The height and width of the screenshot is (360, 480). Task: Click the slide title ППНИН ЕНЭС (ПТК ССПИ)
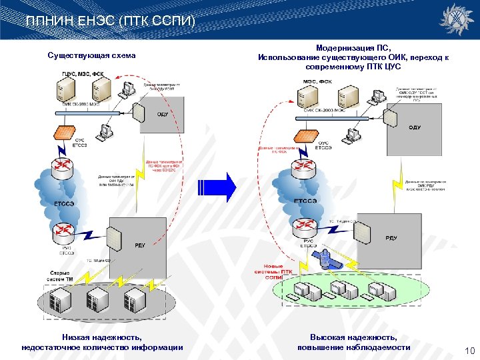coord(110,21)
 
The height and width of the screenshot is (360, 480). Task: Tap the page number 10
coord(468,351)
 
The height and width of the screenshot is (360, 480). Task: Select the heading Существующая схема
coord(92,55)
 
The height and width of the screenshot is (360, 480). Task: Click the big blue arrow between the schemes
coord(227,187)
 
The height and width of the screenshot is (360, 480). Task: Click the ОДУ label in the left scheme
coord(163,114)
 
